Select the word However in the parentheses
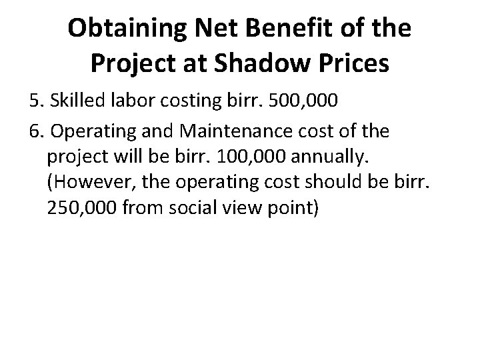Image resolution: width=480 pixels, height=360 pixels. [82, 183]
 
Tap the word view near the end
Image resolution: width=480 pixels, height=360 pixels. [225, 209]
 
